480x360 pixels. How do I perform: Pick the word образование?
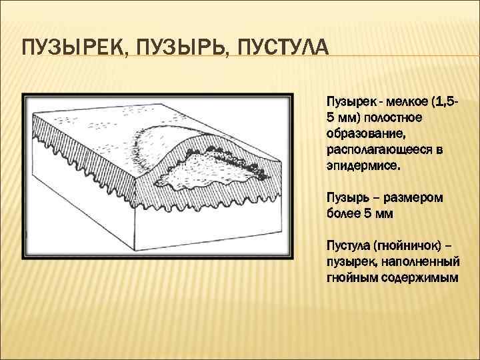coord(364,133)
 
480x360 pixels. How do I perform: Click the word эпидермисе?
coord(364,163)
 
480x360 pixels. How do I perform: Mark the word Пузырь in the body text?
coord(345,199)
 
